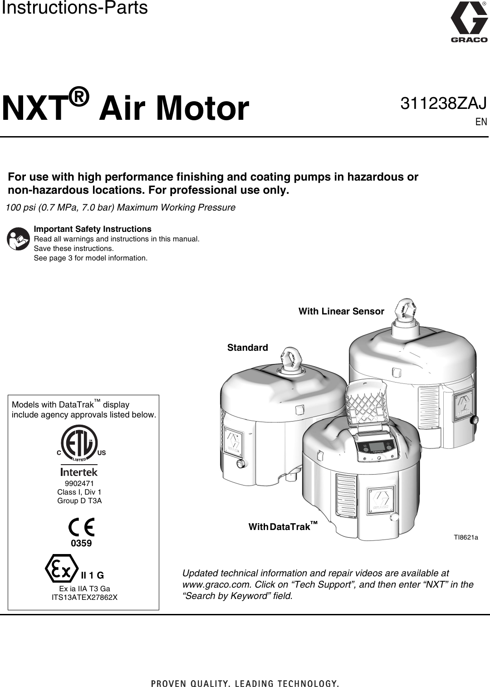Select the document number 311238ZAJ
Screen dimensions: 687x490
[x=443, y=103]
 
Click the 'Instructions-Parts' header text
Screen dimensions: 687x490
[x=74, y=8]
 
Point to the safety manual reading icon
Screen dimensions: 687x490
[x=19, y=239]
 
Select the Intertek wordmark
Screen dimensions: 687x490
[x=79, y=472]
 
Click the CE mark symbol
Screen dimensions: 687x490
[x=82, y=527]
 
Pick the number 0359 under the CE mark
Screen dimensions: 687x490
[x=82, y=543]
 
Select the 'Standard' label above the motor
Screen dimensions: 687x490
[x=247, y=348]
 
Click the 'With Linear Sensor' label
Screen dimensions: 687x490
[x=341, y=312]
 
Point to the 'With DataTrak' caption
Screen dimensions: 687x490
[x=282, y=527]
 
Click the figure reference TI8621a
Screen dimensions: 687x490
[x=466, y=538]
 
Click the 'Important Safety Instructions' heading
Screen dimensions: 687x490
[x=93, y=229]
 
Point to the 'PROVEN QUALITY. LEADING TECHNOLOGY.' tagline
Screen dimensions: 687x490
[x=245, y=683]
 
